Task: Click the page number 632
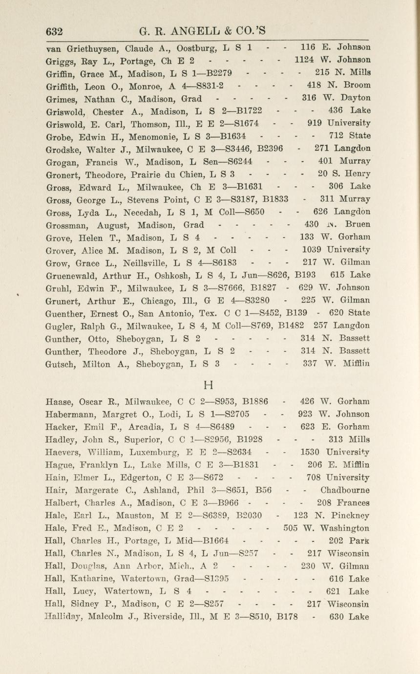point(55,32)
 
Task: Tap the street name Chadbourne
point(345,490)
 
